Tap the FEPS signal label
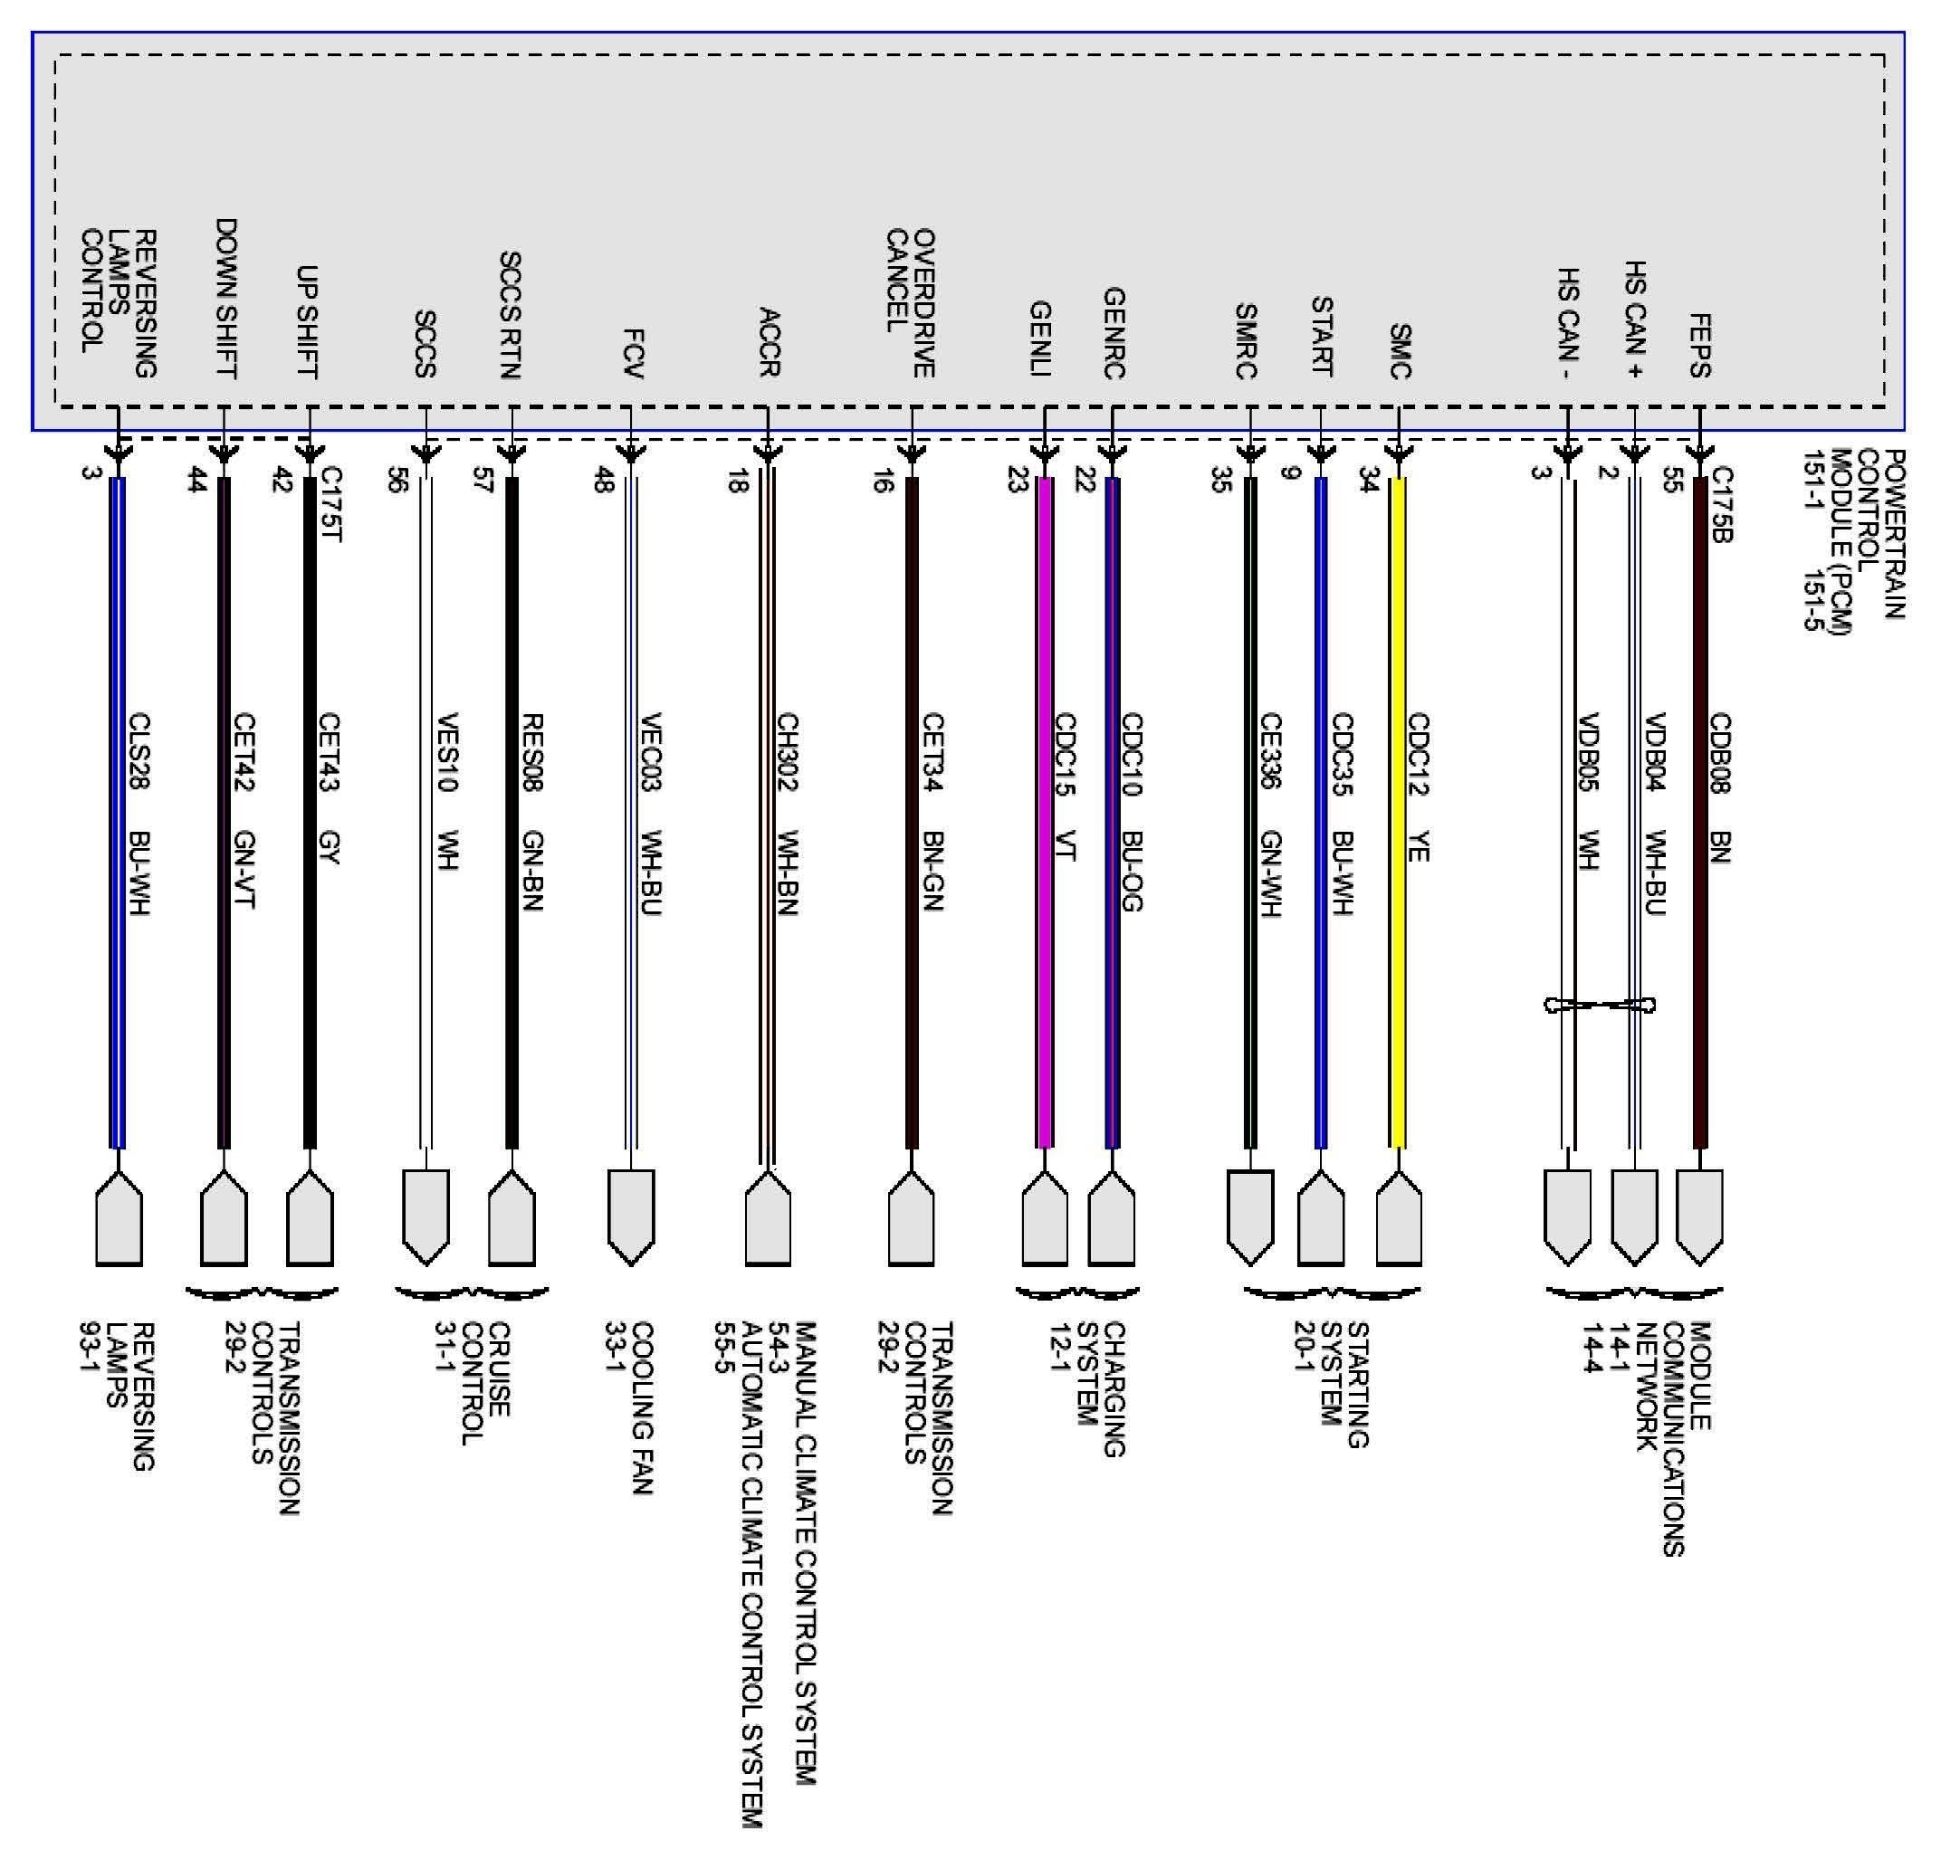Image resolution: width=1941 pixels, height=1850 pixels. (1699, 345)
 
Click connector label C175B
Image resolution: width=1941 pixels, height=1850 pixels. (1721, 504)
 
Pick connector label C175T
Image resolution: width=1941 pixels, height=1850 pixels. (331, 504)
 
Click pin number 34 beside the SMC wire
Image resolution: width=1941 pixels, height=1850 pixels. (1368, 481)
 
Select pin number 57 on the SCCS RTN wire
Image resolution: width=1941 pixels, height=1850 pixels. (483, 481)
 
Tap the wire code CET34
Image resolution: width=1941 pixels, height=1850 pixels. (933, 752)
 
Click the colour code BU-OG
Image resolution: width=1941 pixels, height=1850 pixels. (1133, 871)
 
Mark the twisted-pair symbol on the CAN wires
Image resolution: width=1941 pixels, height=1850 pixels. (1599, 1005)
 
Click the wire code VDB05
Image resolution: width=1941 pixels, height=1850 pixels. (1588, 751)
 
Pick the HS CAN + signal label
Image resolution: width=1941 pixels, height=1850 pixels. (1634, 320)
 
